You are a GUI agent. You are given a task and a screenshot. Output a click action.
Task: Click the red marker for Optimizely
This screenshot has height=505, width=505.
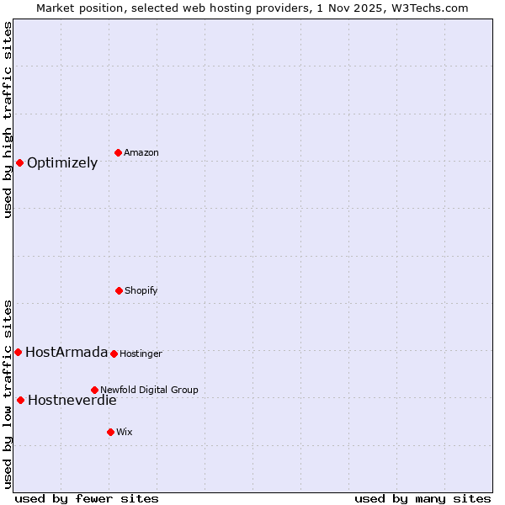(19, 162)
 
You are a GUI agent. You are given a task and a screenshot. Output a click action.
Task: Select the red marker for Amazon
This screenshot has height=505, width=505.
(119, 152)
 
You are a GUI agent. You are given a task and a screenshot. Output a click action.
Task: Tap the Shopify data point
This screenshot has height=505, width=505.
(119, 290)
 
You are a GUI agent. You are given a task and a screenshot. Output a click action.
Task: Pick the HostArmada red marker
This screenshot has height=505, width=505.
(18, 352)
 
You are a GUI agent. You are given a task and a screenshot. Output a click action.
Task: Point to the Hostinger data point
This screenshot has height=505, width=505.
(114, 353)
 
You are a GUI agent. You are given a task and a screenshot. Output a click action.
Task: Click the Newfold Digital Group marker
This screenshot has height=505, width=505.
(94, 390)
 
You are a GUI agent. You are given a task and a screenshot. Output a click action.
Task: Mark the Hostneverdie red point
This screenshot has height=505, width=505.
(20, 400)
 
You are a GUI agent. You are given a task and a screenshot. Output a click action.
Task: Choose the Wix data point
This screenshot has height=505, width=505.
(110, 432)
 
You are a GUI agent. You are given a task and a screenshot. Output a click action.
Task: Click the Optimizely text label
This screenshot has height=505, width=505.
(62, 163)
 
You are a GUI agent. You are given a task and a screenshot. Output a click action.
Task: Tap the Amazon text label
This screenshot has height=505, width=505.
(141, 153)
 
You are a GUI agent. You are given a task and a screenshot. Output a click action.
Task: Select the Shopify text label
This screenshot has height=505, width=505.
(141, 291)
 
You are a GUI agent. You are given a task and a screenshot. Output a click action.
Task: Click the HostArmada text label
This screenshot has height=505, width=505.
(66, 353)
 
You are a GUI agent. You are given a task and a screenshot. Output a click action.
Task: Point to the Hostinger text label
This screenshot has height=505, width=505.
(141, 354)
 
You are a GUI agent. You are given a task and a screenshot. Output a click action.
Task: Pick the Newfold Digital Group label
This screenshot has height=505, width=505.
(149, 391)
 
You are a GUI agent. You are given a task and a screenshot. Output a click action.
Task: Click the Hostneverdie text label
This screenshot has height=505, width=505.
(72, 401)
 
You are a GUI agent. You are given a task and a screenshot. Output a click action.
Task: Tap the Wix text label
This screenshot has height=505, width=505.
(125, 433)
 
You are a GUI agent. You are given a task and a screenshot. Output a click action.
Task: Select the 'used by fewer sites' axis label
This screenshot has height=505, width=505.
(87, 498)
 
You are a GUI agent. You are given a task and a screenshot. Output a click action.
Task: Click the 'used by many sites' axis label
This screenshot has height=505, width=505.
(423, 498)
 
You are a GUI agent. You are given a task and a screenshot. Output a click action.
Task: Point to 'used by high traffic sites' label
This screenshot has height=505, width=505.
(8, 120)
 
